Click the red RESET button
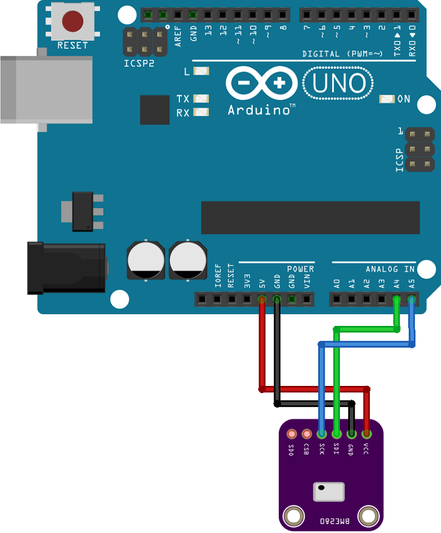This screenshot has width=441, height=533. pos(72,22)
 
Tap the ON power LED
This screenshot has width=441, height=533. pos(387,99)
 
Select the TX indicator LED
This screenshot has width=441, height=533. pos(201,99)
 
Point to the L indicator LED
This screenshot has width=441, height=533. pos(201,71)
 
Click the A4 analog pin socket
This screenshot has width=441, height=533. pos(397,299)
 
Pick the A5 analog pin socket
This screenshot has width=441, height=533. pos(412,299)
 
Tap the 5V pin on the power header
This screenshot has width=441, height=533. pos(262,299)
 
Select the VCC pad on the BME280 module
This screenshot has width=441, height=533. pos(367,434)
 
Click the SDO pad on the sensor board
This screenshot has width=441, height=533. pos(291,434)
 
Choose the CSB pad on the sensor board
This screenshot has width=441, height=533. pos(306,434)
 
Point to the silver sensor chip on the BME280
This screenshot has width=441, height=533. pos(329,492)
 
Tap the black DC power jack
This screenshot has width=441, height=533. pos(65,268)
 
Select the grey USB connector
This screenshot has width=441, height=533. pos(44,89)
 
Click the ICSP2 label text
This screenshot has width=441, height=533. pos(139,63)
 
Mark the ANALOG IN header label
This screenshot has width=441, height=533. pos(390,269)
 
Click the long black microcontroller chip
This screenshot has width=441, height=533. pos(310,218)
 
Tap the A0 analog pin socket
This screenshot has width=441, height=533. pos(336,299)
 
